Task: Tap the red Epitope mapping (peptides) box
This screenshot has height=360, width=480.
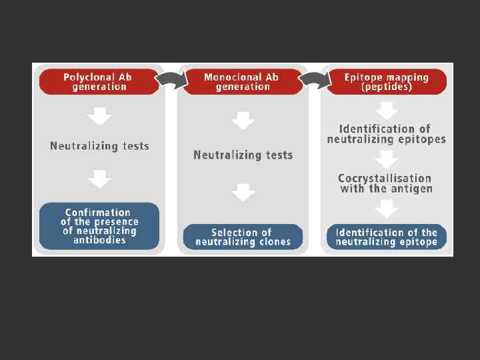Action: tap(386, 81)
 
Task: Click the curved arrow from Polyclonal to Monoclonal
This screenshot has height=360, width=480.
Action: tap(169, 80)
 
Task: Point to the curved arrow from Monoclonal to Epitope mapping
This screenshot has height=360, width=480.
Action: tap(313, 80)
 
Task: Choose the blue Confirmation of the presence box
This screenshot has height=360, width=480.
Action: tap(99, 225)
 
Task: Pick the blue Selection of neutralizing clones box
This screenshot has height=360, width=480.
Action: tap(243, 237)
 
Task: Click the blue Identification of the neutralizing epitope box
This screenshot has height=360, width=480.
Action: tap(386, 237)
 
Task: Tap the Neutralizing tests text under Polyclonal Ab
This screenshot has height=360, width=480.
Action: tap(99, 145)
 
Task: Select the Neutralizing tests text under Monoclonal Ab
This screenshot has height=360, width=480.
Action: tap(243, 155)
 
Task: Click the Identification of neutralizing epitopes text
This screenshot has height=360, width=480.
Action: tap(386, 133)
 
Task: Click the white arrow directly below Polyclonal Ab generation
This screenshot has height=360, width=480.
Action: tap(99, 117)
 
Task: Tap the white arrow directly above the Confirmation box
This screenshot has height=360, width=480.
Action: tap(99, 179)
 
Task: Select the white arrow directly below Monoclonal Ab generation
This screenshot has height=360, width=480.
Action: tap(243, 121)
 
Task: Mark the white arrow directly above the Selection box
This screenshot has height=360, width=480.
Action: tap(243, 193)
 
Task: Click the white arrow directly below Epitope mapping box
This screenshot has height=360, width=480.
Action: tap(386, 109)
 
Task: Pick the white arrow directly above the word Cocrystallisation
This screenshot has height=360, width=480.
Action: tap(386, 159)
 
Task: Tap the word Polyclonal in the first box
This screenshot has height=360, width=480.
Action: tap(87, 77)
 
